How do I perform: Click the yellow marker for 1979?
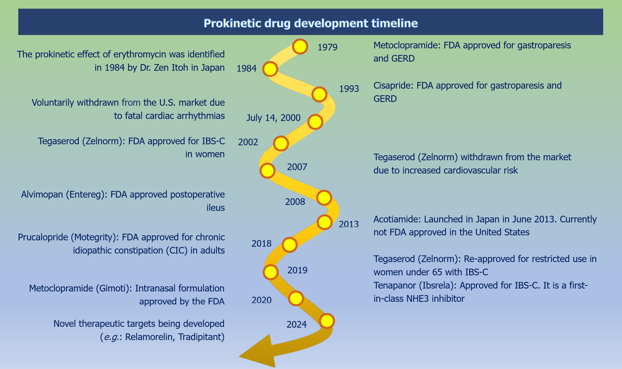click(300, 47)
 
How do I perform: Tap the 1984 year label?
click(246, 69)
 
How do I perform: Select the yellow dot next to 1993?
click(320, 94)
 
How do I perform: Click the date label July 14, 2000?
click(273, 118)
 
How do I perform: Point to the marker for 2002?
click(281, 143)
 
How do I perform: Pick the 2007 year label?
click(297, 167)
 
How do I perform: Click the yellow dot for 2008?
click(324, 198)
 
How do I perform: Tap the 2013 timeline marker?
click(324, 222)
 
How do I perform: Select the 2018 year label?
click(261, 244)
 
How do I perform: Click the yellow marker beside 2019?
click(271, 272)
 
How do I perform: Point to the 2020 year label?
click(261, 300)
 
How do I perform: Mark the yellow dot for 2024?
click(327, 321)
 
